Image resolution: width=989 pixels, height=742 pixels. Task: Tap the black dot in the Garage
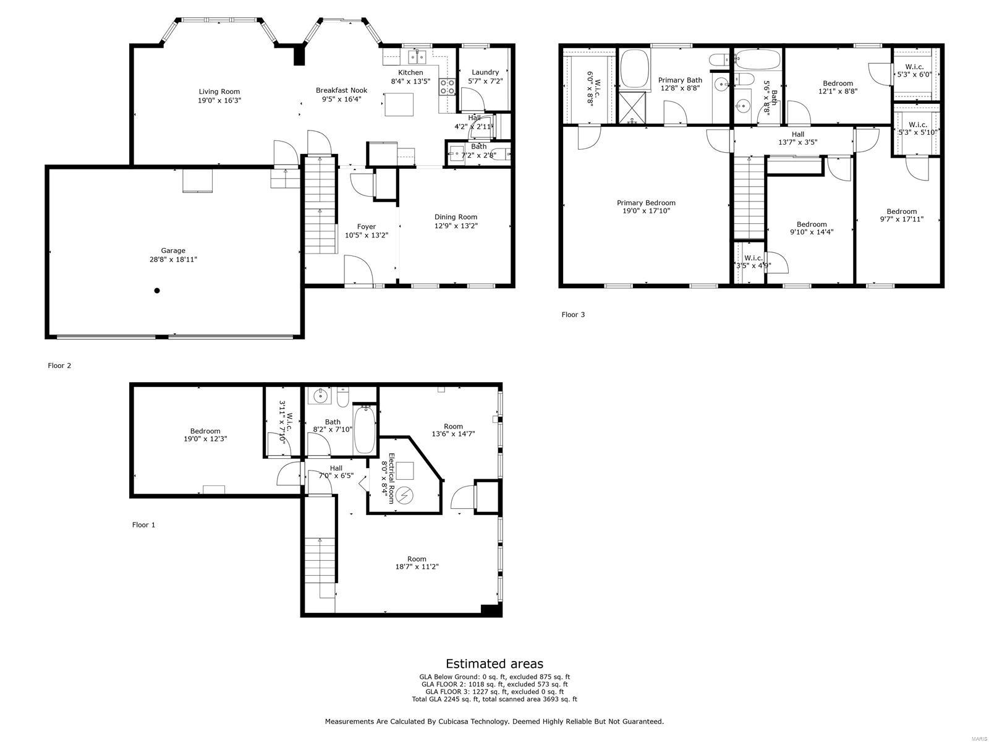click(x=157, y=291)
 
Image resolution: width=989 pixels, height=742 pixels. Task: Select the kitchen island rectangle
click(x=399, y=104)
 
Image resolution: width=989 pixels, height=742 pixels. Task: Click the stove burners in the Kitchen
click(x=447, y=87)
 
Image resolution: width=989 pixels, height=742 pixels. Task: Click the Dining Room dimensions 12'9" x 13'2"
click(x=456, y=226)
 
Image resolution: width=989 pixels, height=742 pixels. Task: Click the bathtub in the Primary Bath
click(x=634, y=69)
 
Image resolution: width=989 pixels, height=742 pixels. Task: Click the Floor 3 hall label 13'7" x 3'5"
click(x=797, y=142)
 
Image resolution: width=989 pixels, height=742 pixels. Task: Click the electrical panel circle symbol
click(x=405, y=495)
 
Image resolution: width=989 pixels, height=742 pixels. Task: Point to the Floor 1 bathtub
click(x=363, y=429)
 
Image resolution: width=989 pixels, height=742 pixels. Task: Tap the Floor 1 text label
click(x=143, y=525)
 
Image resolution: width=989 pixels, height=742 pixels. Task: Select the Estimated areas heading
click(x=494, y=664)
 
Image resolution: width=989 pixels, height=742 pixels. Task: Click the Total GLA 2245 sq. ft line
click(x=494, y=699)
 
